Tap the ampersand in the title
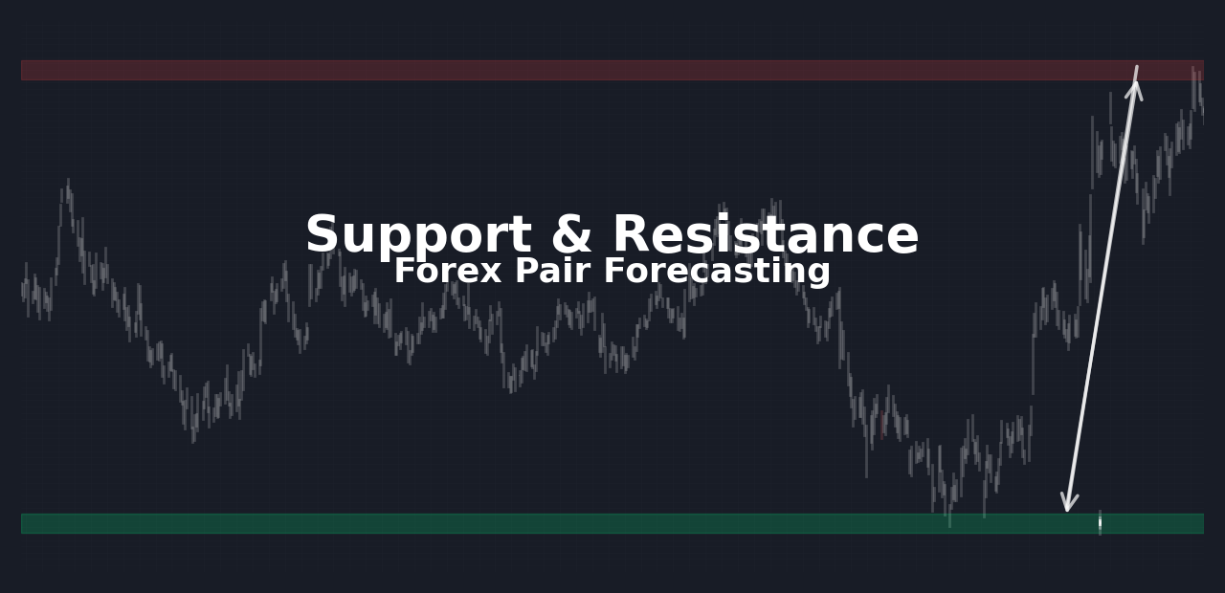[x=571, y=233]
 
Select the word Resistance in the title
[x=766, y=233]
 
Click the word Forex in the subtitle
[x=448, y=271]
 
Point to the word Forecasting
[x=717, y=273]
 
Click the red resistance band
[x=612, y=71]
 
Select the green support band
[x=612, y=523]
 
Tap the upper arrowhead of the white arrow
[x=1134, y=87]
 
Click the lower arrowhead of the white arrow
[x=1068, y=503]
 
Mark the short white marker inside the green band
[x=1100, y=523]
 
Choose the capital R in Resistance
[x=632, y=233]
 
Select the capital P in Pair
[x=526, y=271]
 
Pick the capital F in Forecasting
[x=614, y=271]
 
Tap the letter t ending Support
[x=521, y=235]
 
